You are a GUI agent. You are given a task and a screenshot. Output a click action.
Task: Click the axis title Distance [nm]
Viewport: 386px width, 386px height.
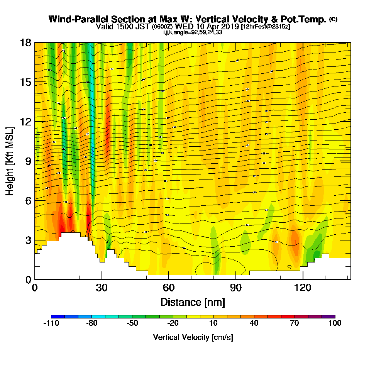[x=193, y=301]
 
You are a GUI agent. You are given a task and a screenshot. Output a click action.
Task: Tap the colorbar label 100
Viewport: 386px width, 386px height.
[x=335, y=323]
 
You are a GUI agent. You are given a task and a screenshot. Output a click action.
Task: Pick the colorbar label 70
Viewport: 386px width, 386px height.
[x=295, y=323]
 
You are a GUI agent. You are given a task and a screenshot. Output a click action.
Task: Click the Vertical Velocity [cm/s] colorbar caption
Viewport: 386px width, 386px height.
[x=193, y=338]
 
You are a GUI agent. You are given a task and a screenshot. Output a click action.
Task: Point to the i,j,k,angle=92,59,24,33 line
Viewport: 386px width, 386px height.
[x=193, y=32]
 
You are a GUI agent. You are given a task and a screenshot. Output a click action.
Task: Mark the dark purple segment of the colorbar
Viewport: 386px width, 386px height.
[x=328, y=317]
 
